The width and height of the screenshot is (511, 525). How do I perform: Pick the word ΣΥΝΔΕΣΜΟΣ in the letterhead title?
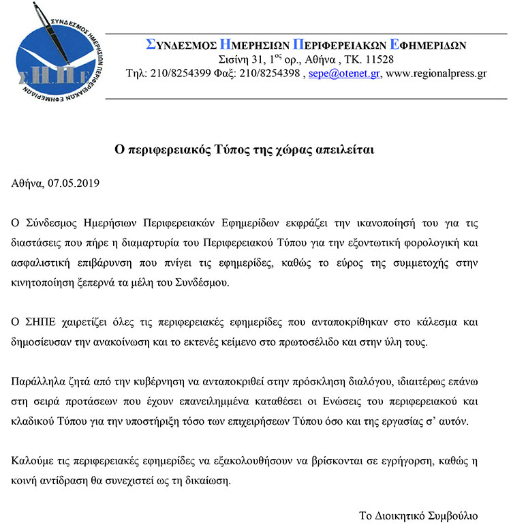pyautogui.click(x=181, y=45)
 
